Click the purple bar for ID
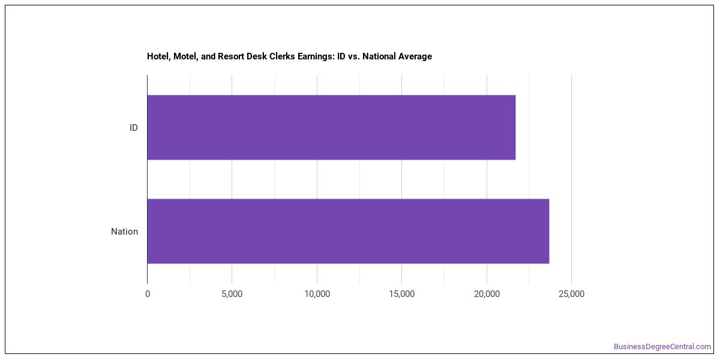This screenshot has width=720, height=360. (x=331, y=127)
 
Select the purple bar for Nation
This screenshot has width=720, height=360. (x=348, y=231)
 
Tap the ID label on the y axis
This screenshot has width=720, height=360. (x=133, y=128)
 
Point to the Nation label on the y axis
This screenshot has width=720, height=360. (x=124, y=232)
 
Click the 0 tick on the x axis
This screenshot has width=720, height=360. (x=148, y=294)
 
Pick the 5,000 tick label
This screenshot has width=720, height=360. (x=232, y=294)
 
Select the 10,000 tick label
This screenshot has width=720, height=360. (x=317, y=294)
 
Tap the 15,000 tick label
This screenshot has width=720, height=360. (x=401, y=294)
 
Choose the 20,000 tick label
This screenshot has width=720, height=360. (x=487, y=294)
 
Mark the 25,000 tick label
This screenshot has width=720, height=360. (x=571, y=294)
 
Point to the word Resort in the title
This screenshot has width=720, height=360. (x=229, y=56)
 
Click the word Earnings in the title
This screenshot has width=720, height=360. (x=316, y=57)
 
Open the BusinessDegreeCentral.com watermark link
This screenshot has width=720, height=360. (x=662, y=347)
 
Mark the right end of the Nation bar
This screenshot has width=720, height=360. (x=549, y=231)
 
